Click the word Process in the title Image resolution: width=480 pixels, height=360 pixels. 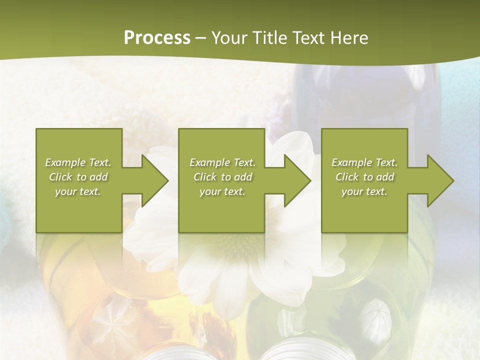[157, 38]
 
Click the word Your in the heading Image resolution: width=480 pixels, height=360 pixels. [230, 38]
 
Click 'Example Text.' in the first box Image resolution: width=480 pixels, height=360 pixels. [78, 162]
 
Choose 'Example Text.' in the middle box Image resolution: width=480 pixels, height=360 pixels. [222, 162]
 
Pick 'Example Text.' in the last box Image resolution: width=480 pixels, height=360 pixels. [364, 162]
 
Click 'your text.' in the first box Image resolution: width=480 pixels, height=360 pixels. [78, 191]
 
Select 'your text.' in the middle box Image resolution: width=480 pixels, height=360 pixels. [222, 191]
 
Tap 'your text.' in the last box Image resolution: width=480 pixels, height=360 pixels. [364, 191]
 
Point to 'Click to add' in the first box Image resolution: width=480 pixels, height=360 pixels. [78, 177]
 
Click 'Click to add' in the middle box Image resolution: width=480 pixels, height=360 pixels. [222, 177]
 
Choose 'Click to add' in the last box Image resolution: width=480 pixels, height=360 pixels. [364, 177]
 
